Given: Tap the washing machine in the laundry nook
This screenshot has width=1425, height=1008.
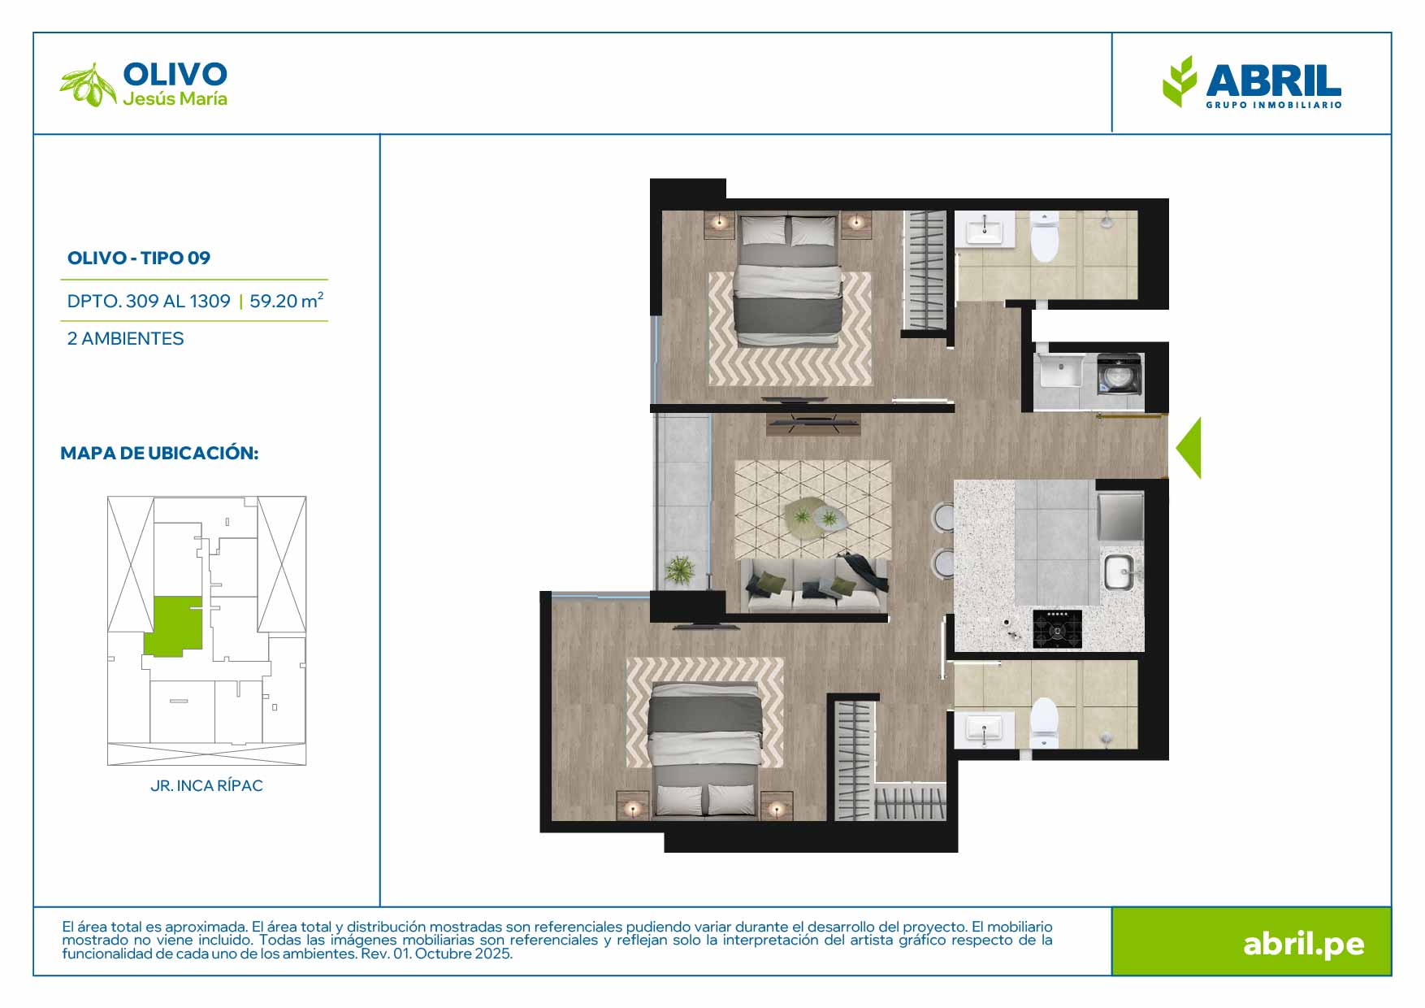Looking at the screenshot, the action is (x=1120, y=374).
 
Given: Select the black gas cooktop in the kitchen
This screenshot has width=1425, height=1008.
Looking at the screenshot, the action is (x=1057, y=629).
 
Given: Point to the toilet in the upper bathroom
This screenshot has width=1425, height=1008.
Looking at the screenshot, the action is (x=1044, y=236).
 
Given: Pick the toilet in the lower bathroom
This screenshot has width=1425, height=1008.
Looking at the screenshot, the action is (x=1043, y=722).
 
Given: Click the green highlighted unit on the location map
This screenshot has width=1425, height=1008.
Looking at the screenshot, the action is (x=174, y=625).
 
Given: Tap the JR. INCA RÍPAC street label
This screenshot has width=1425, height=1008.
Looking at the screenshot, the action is (x=206, y=786).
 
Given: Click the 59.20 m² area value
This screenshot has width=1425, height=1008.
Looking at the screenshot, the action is (x=287, y=301).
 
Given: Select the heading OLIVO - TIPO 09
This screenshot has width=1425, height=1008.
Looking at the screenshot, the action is (x=139, y=258).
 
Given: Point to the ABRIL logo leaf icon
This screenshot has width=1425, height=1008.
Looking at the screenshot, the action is (x=1180, y=81).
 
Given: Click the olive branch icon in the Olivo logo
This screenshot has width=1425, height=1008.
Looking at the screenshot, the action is (x=89, y=85).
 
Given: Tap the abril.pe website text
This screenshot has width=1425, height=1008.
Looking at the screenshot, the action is (x=1304, y=944).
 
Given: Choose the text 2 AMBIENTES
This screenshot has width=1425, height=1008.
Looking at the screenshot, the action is (x=126, y=338).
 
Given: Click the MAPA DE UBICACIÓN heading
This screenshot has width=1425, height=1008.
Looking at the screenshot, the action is (x=159, y=453).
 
